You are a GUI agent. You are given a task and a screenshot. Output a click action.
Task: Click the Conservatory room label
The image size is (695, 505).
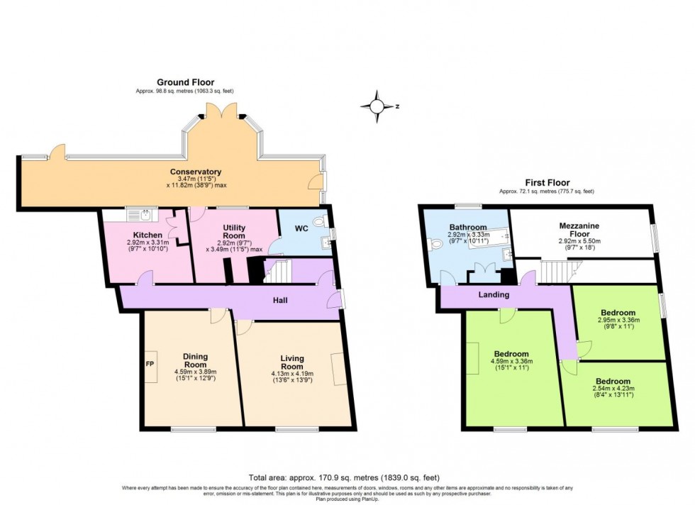(196, 172)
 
